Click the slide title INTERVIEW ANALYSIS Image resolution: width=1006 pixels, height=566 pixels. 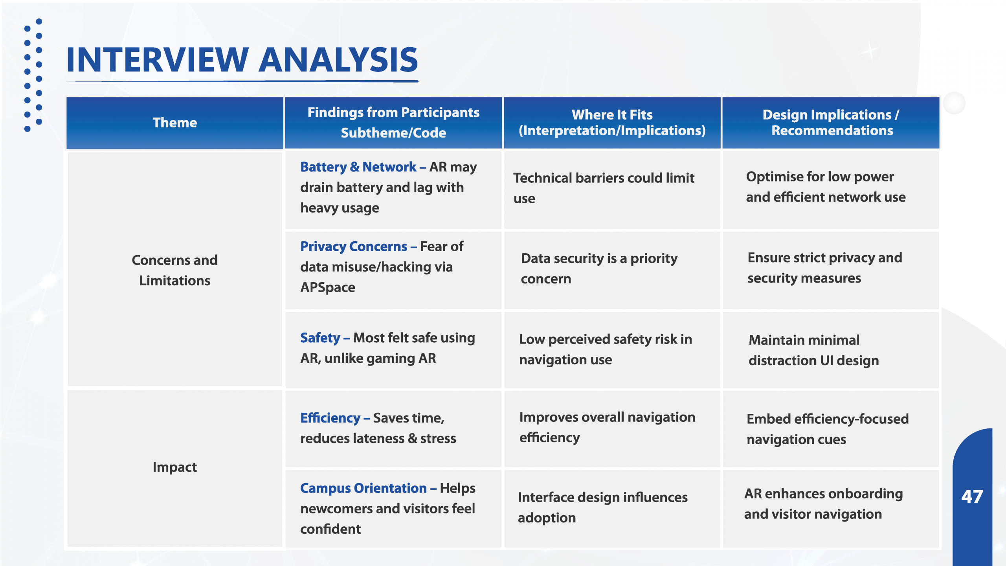[242, 60]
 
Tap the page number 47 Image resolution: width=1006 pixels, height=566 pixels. [972, 497]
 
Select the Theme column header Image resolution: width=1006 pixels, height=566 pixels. [174, 123]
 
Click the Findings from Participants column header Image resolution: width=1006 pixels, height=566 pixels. [393, 123]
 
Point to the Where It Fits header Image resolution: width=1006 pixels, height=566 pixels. [612, 123]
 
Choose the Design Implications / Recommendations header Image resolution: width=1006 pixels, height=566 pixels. [831, 123]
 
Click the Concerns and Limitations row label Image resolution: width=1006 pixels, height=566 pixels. [174, 270]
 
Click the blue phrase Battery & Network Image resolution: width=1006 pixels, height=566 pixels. [358, 167]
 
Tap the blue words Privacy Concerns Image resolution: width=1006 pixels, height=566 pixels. [354, 246]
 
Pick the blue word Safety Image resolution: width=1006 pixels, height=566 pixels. [320, 338]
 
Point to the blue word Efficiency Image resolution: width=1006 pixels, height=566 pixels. [330, 418]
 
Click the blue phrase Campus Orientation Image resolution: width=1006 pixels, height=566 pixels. [363, 488]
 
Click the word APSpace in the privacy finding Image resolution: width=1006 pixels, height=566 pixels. [328, 288]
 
